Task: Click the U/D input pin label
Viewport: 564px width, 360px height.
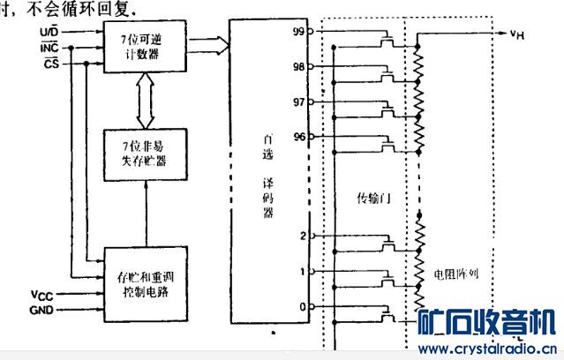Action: click(50, 32)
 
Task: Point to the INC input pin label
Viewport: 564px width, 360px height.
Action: click(49, 49)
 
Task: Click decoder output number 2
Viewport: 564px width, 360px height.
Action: click(303, 236)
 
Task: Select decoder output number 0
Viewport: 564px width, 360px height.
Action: click(303, 306)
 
